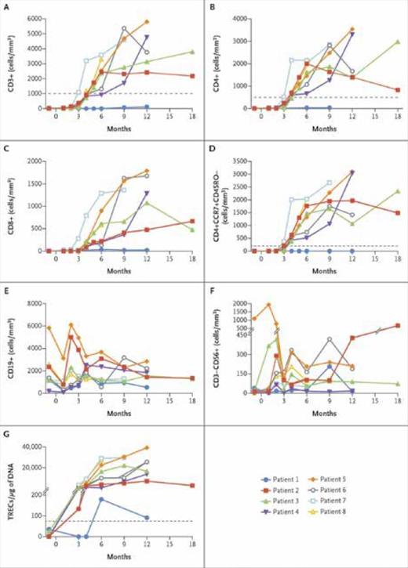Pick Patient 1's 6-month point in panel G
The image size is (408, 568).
click(x=100, y=499)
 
